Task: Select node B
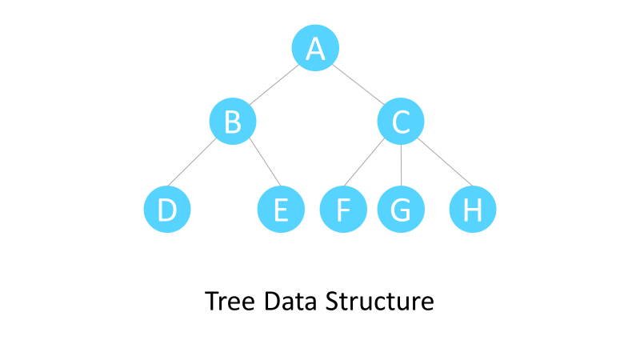(x=232, y=122)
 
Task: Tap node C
(x=401, y=122)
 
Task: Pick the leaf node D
(x=166, y=210)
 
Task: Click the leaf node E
(x=280, y=210)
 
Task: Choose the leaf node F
(x=343, y=210)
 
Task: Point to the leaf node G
(x=401, y=210)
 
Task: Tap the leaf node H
(x=473, y=210)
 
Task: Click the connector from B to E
(x=263, y=164)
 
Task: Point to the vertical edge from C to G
(x=401, y=166)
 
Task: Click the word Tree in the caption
(x=230, y=302)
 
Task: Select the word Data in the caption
(x=290, y=302)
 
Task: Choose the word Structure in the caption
(x=379, y=302)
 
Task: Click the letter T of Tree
(x=211, y=302)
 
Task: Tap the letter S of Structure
(x=331, y=302)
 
